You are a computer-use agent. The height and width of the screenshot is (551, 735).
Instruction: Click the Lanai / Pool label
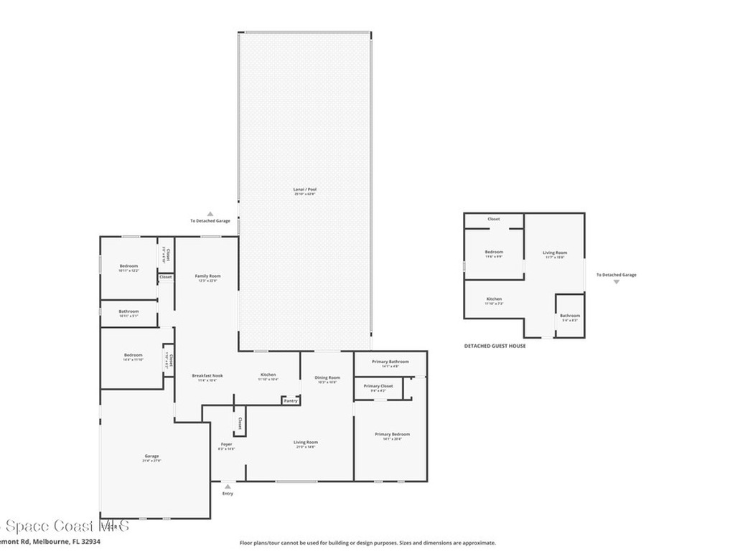pos(304,189)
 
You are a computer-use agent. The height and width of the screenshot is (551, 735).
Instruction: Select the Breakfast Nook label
pos(207,375)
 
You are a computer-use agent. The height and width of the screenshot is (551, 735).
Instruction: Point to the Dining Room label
pos(327,377)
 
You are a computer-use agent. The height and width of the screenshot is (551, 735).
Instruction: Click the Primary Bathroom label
pos(390,362)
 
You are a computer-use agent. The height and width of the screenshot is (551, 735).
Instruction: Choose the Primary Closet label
pos(378,386)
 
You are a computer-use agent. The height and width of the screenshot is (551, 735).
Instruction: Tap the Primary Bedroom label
pos(392,434)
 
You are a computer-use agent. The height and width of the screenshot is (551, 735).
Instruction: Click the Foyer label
pos(226,444)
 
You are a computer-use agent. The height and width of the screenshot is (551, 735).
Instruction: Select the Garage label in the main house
pos(151,456)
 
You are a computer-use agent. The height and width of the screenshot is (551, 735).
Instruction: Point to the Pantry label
pos(291,401)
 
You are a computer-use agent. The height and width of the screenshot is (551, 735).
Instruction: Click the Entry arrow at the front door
pos(228,486)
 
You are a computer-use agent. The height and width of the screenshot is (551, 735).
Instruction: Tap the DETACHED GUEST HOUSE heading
pos(495,346)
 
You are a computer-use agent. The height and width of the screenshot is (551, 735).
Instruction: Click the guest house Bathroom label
pos(570,316)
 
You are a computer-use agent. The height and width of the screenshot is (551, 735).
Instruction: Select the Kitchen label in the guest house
pos(494,298)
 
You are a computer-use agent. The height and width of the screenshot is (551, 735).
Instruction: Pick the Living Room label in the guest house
pos(554,253)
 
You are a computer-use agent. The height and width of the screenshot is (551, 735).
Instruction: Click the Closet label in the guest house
pos(494,219)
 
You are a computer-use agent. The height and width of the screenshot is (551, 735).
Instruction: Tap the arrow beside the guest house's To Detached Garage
pos(616,282)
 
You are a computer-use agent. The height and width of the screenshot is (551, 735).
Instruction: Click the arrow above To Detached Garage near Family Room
pos(210,214)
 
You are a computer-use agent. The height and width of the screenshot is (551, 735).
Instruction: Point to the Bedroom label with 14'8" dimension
pos(133,355)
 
